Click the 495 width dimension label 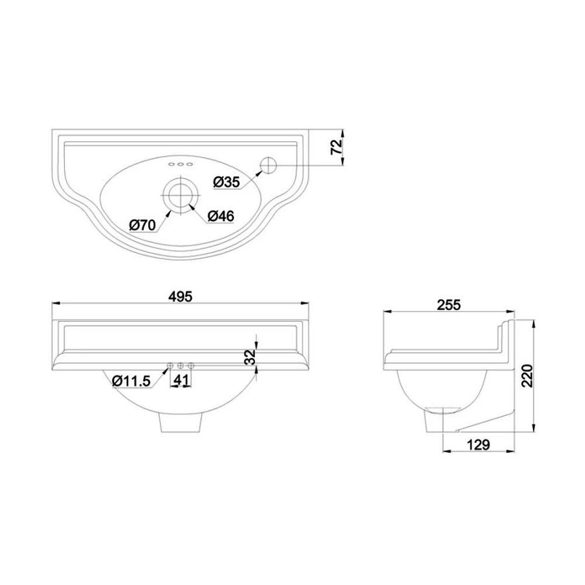(180, 295)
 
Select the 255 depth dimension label (448, 305)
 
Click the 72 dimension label (336, 147)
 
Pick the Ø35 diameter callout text (227, 182)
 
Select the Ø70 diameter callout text (142, 225)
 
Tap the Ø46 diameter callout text (221, 216)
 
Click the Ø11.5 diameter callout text (131, 381)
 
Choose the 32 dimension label (249, 357)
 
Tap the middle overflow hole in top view (180, 164)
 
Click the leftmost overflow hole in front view (170, 366)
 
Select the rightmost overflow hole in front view (191, 366)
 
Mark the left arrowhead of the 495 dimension (55, 303)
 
